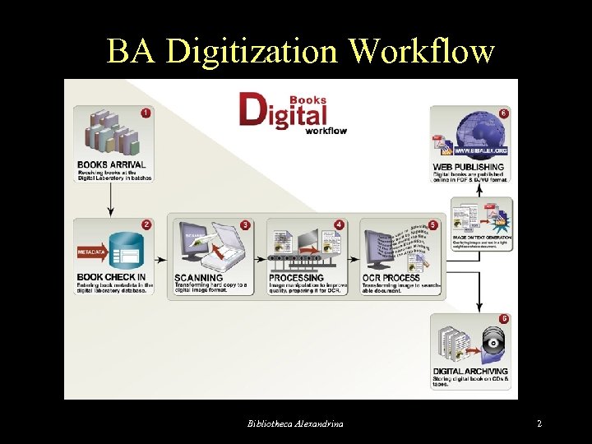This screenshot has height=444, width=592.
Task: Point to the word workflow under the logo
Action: [x=326, y=130]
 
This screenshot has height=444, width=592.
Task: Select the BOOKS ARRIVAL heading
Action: [x=112, y=165]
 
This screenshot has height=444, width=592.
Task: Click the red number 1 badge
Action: [x=146, y=113]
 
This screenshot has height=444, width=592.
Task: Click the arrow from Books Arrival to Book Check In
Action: [x=111, y=202]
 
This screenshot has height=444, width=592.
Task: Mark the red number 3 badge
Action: [x=246, y=224]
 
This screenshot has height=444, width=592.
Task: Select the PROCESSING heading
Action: [x=296, y=278]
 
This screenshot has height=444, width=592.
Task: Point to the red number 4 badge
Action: [x=340, y=224]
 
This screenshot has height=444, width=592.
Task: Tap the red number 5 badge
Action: [x=433, y=224]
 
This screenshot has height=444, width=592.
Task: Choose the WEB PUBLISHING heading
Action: [x=469, y=166]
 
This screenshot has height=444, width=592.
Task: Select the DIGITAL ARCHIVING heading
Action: [x=470, y=372]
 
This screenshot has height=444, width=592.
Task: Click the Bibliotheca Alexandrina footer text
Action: [x=296, y=423]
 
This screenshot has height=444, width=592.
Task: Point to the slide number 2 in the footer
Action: [x=539, y=423]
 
